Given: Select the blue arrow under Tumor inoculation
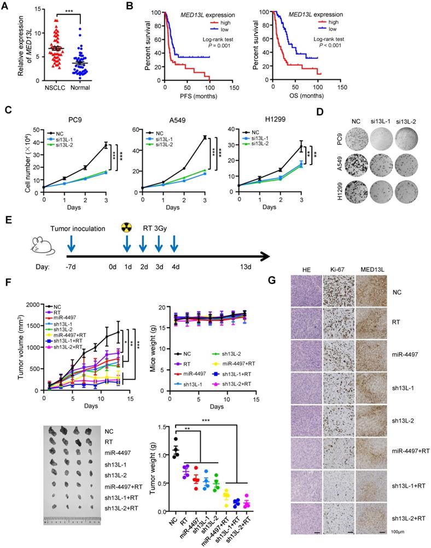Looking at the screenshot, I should point(70,241).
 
